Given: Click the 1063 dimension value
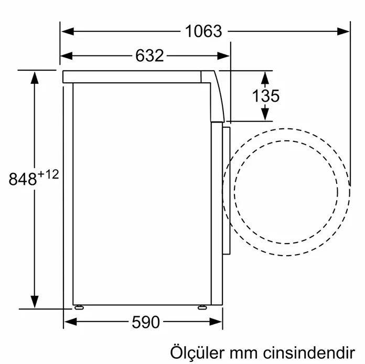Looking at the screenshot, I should pos(203,31).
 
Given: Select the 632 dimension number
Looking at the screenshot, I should pos(150,56).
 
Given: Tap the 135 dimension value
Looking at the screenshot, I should pos(265,96).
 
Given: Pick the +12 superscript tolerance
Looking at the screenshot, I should pos(48,175).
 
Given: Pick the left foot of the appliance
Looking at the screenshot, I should pos(78,307).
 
